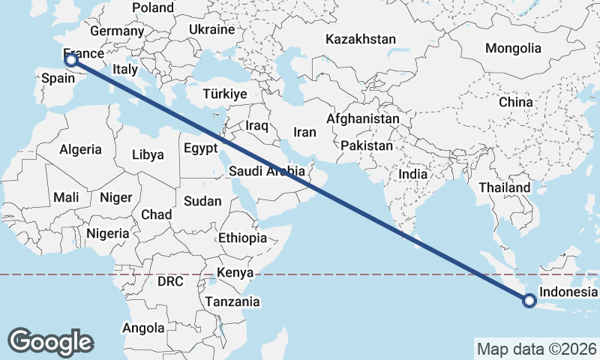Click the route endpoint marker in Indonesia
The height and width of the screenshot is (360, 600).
pos(529,301)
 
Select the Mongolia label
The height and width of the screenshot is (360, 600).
pos(513,48)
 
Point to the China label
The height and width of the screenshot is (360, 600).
pos(515,102)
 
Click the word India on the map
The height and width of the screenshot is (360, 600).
pos(413,173)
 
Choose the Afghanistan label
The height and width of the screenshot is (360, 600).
pos(363,118)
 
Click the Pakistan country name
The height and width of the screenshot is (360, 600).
pos(366,145)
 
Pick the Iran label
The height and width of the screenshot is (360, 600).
pos(305,132)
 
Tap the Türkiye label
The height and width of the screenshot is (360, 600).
pos(225,94)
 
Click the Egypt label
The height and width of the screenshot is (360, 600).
pos(200,147)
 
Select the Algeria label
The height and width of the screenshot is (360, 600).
pos(80,149)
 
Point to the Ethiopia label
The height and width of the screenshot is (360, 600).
pos(242,238)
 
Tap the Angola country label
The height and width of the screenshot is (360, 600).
pos(142,328)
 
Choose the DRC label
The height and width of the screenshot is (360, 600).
pos(170,282)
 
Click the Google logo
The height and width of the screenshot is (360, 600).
pos(51,341)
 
